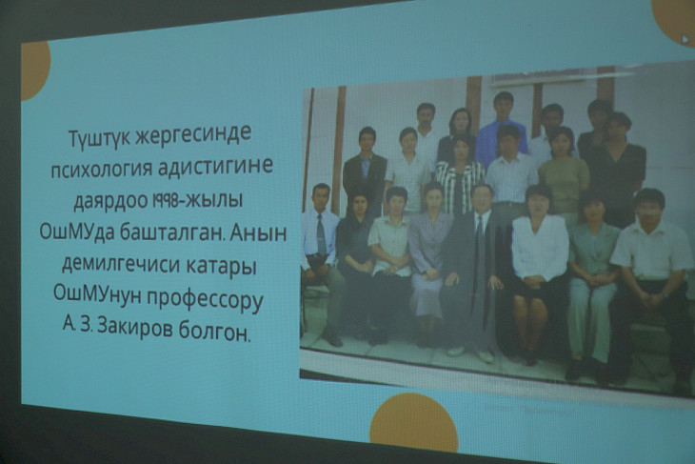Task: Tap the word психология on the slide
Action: pyautogui.click(x=100, y=169)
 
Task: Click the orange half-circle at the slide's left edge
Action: pyautogui.click(x=35, y=71)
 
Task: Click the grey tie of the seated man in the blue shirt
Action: pyautogui.click(x=322, y=234)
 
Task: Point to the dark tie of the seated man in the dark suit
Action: pyautogui.click(x=479, y=249)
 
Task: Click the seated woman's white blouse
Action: pyautogui.click(x=540, y=247)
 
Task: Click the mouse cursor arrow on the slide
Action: pyautogui.click(x=685, y=39)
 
